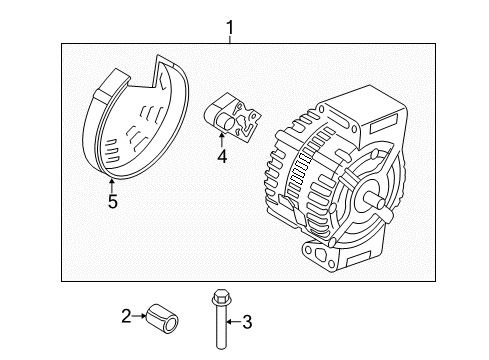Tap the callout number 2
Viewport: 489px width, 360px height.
point(126,317)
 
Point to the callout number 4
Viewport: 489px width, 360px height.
point(222,155)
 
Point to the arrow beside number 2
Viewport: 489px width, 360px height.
point(140,317)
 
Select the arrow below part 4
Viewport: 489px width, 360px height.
point(222,140)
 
